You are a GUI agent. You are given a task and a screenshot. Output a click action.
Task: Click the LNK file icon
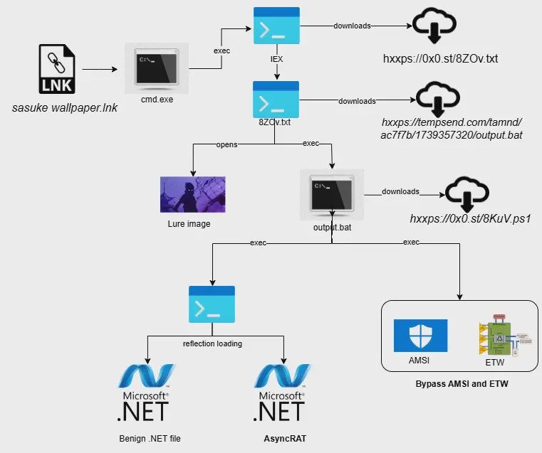pos(57,69)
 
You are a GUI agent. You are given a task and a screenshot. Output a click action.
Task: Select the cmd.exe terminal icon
pos(157,68)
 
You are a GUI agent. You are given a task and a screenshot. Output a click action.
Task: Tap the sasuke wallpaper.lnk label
pos(65,107)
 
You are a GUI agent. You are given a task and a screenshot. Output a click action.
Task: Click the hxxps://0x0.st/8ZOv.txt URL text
pos(440,58)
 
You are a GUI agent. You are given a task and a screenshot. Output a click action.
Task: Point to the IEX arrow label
pos(276,59)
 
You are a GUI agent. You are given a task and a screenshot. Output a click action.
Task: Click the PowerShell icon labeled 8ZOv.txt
pos(276,100)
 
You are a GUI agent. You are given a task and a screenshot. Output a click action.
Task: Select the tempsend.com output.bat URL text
pos(452,128)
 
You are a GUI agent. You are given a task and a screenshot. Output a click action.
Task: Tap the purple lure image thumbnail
pos(192,194)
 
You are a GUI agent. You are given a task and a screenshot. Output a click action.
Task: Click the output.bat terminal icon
pos(331,194)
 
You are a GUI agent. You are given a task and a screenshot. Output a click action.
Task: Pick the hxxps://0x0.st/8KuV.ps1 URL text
pos(470,218)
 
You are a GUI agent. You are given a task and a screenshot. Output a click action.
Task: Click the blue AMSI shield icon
pos(420,336)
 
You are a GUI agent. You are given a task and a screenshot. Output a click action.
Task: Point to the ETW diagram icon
pos(505,335)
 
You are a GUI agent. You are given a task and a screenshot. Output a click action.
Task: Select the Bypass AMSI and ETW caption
pos(462,383)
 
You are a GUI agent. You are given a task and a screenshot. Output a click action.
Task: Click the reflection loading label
pos(212,343)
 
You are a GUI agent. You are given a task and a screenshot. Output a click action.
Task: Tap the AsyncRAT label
pos(285,439)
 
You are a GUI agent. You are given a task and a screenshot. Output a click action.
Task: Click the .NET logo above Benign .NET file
pos(145,393)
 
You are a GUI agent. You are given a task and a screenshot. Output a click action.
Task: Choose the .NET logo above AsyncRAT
pos(281,393)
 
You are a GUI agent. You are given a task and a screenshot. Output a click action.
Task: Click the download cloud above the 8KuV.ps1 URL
pos(467,194)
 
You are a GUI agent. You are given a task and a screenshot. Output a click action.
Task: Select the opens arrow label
pos(226,144)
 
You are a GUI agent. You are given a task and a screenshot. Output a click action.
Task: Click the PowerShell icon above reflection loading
pos(212,304)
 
